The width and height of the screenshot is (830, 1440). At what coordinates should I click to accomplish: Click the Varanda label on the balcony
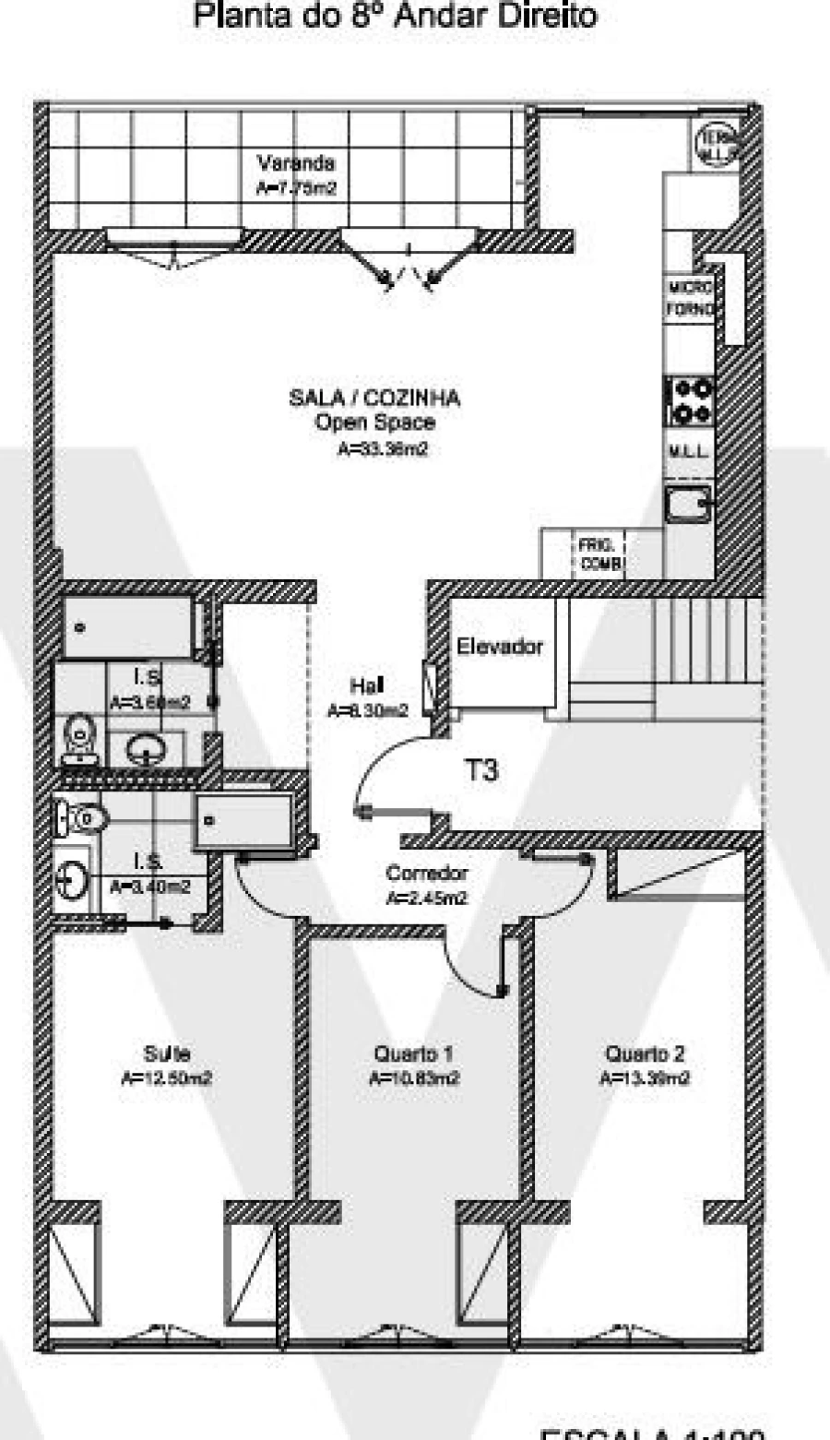click(295, 164)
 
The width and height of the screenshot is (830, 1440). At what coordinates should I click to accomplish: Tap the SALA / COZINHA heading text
click(374, 398)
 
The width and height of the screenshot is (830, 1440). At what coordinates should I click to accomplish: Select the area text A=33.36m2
click(383, 450)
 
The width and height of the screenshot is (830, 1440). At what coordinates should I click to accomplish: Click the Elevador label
click(499, 647)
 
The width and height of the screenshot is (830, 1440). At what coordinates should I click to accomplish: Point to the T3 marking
click(480, 769)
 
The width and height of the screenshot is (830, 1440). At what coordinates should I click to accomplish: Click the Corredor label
click(426, 873)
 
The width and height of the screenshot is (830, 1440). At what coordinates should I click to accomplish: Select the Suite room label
click(167, 1053)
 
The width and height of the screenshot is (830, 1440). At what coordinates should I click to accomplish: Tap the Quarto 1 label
click(413, 1053)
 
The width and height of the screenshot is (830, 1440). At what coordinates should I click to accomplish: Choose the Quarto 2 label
click(645, 1053)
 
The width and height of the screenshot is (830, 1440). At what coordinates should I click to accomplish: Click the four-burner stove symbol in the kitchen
click(691, 400)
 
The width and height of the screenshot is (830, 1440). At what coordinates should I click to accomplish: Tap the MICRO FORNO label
click(690, 298)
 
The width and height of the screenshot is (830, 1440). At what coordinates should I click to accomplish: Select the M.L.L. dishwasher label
click(688, 453)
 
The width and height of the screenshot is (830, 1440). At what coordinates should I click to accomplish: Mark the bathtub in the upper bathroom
click(127, 628)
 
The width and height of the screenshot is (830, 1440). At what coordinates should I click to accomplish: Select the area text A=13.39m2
click(645, 1078)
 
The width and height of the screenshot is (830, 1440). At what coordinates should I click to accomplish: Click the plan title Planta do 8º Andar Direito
click(395, 16)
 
